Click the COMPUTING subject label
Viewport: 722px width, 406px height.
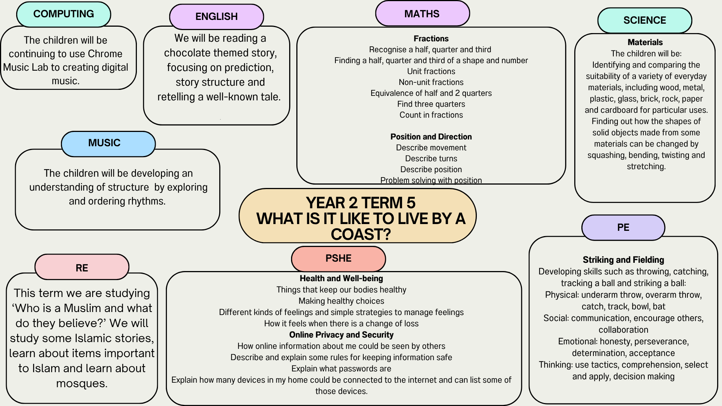[x=64, y=14]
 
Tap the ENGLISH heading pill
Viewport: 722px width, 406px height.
[x=217, y=17]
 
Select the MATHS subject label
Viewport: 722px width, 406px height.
[x=422, y=14]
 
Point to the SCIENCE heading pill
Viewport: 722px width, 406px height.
[x=645, y=20]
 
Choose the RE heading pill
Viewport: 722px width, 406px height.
[x=82, y=267]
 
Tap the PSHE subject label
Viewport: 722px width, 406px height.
[x=338, y=259]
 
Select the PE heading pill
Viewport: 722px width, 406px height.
[x=623, y=227]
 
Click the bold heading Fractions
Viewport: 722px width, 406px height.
[x=431, y=39]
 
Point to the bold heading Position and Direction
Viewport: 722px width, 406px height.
[x=431, y=137]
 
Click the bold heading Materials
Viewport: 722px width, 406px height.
[x=645, y=42]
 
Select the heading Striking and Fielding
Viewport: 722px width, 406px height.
[x=623, y=260]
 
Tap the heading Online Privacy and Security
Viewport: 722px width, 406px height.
[x=341, y=335]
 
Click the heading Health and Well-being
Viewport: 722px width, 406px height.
[x=341, y=279]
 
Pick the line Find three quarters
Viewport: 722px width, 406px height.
[x=431, y=104]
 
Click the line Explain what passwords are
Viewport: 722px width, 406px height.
[x=341, y=369]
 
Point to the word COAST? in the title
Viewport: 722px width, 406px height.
[x=361, y=235]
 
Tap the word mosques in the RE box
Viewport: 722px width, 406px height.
[x=81, y=384]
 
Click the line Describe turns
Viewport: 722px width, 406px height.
[x=431, y=159]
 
